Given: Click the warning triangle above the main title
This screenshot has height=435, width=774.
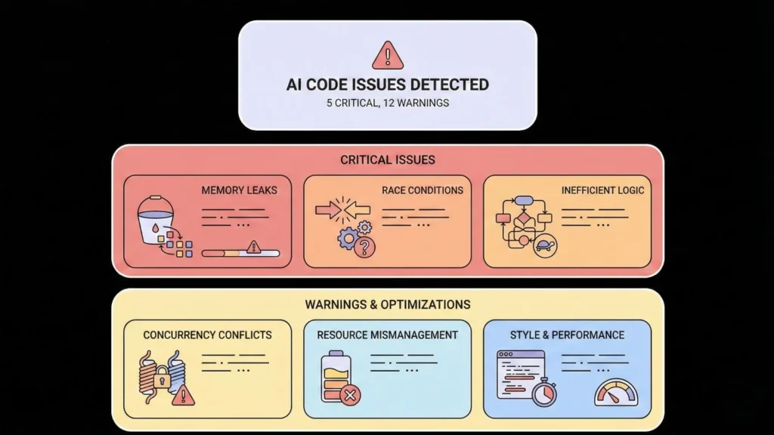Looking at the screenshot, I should pos(387,55).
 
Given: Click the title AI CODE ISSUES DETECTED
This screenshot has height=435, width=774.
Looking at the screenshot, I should pos(387,85).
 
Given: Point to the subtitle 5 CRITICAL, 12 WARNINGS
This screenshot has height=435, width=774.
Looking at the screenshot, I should pos(387,103).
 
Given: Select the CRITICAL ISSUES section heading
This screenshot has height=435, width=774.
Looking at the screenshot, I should pos(387,160).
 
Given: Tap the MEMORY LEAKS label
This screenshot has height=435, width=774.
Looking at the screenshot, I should pos(239,190).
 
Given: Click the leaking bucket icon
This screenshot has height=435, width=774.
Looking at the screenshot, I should pos(156,219).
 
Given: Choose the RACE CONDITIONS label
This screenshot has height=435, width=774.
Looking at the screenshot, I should pos(422,190).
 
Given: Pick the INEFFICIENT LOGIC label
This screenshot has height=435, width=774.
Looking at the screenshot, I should pos(603,190).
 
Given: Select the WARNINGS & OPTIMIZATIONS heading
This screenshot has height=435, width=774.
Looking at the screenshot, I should pos(387,304).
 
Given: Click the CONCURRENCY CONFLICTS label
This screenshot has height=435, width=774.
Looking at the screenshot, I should pos(207,335).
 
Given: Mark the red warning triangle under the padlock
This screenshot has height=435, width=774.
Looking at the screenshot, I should pos(183,394).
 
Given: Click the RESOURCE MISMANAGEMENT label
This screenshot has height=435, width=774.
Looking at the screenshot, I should pos(387,335).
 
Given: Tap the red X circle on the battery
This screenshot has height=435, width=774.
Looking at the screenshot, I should pos(350,394).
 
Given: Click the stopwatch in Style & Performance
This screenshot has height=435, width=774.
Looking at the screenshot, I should pos(543,393).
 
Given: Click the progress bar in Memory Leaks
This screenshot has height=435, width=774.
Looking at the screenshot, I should pos(240,253).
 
